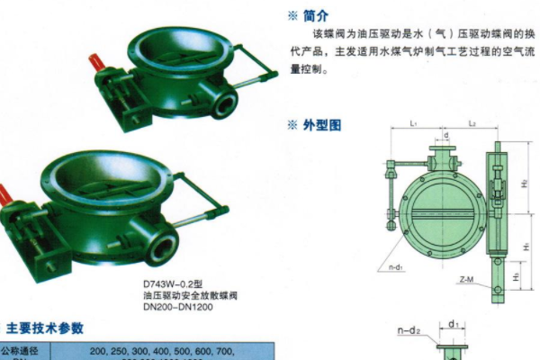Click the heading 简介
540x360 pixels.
pyautogui.click(x=316, y=15)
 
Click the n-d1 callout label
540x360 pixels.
pyautogui.click(x=390, y=267)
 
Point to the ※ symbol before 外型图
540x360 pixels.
pyautogui.click(x=292, y=125)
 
